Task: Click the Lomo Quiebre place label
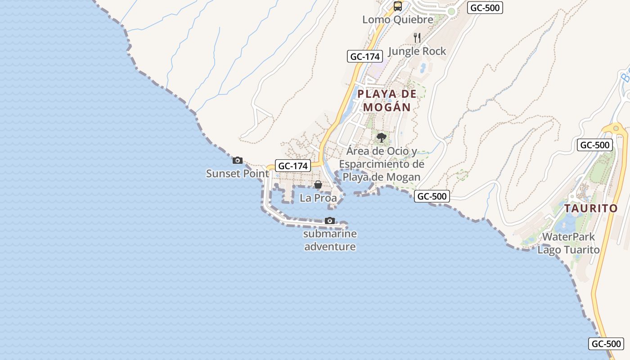point(398,19)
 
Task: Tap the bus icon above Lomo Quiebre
point(398,6)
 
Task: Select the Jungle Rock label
point(417,51)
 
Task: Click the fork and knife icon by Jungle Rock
point(417,37)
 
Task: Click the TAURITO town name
point(591,208)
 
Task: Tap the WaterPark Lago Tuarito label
point(568,243)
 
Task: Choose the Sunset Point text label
point(238,173)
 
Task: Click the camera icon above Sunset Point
point(238,160)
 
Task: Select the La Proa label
point(318,198)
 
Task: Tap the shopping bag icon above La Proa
point(318,184)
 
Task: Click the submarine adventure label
point(330,240)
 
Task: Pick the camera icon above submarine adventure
point(330,220)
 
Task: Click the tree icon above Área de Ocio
point(382,137)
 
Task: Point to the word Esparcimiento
point(382,164)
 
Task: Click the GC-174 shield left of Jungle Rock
point(365,56)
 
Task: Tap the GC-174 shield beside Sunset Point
point(293,166)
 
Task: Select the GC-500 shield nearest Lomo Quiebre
point(485,8)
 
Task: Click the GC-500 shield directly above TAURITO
point(595,145)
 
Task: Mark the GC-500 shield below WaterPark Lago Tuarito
point(606,344)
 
